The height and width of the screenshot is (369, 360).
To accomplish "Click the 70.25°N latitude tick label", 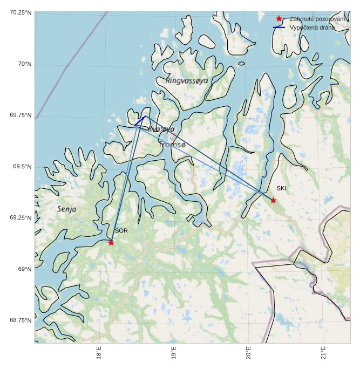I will click(x=20, y=12).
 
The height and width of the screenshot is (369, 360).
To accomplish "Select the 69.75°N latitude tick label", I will click(x=20, y=115).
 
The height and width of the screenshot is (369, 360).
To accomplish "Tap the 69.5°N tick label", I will click(x=22, y=166).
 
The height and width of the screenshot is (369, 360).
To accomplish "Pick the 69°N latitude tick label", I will click(x=24, y=269).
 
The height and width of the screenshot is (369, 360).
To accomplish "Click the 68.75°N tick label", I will click(x=20, y=320).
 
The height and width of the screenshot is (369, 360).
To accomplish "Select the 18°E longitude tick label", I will click(x=99, y=353).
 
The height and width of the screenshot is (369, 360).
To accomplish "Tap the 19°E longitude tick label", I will click(x=174, y=353).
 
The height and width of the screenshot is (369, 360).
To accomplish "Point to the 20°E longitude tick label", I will click(x=249, y=353).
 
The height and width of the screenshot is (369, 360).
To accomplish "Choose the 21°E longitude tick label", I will click(x=324, y=353).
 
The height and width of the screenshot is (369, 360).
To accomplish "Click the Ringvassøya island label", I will click(x=187, y=80).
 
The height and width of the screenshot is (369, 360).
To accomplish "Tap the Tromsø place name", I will click(x=172, y=145).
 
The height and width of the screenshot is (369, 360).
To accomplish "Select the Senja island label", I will click(x=67, y=209).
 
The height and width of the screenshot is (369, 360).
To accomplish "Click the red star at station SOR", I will click(x=111, y=243).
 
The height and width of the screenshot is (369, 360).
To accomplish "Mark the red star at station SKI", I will click(x=273, y=200).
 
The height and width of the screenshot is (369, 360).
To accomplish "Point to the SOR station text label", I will click(x=121, y=231).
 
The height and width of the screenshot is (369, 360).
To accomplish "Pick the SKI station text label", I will click(x=281, y=188).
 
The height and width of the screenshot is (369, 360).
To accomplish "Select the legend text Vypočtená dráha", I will click(x=312, y=27).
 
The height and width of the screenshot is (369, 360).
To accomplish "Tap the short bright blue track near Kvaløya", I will click(x=140, y=121).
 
